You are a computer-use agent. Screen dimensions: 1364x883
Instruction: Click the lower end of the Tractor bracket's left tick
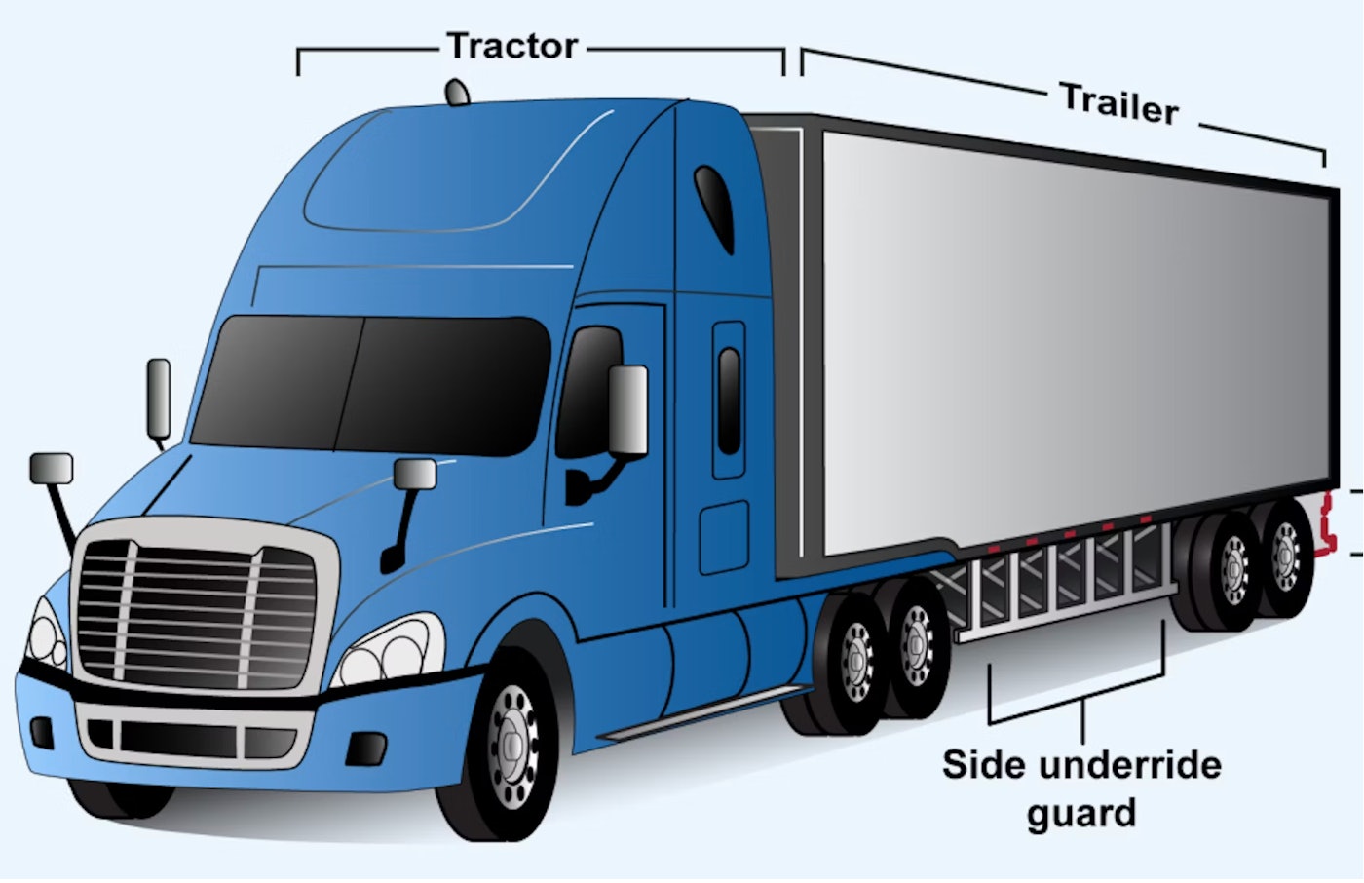coord(298,75)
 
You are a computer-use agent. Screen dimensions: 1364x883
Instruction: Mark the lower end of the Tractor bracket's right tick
coord(783,75)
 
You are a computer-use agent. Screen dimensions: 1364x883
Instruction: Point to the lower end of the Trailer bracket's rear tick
coord(1324,167)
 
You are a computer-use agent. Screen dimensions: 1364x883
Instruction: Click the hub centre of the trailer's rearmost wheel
coord(1286,555)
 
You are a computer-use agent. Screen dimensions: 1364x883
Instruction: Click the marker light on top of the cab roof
coord(457,93)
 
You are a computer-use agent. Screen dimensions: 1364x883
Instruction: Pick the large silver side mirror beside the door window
coord(627,409)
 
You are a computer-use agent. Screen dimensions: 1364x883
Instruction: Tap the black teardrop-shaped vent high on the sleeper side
coord(714,209)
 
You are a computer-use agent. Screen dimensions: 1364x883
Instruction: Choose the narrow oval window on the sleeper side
coord(729,402)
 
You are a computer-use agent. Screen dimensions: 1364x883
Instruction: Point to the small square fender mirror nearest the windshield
coord(415,474)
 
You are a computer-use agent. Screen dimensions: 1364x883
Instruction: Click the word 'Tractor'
coord(512,46)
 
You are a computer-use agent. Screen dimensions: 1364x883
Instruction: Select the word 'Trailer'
coord(1119,104)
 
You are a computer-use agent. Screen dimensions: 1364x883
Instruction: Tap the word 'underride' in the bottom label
coord(1130,765)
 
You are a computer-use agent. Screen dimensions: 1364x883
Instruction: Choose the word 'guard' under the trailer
coord(1081,814)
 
